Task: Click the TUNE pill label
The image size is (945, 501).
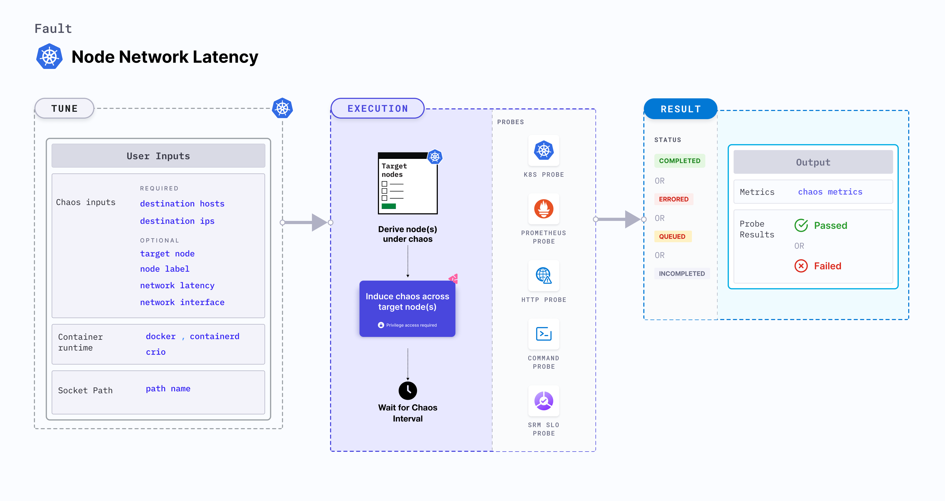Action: (65, 109)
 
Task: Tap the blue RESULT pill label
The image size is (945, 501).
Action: (681, 109)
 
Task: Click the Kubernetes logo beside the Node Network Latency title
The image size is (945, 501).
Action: (49, 57)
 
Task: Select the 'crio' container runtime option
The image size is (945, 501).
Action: (156, 352)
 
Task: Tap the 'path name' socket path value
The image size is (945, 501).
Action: (168, 389)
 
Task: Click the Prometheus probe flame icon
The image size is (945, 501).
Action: (544, 209)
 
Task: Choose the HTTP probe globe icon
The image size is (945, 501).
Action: (544, 275)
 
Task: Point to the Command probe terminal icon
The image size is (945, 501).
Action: (544, 334)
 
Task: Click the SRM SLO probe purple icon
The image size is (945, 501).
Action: (544, 401)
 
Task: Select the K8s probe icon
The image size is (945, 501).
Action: (544, 150)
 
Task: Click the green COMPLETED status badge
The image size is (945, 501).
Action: (679, 161)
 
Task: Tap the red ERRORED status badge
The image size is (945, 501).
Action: (674, 199)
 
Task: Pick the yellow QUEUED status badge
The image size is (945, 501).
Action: (672, 236)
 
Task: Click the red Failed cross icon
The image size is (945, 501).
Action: (801, 266)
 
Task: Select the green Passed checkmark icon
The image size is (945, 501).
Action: (801, 225)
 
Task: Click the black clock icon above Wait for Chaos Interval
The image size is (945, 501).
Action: (408, 391)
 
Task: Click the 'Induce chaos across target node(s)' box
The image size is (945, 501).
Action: (407, 308)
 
